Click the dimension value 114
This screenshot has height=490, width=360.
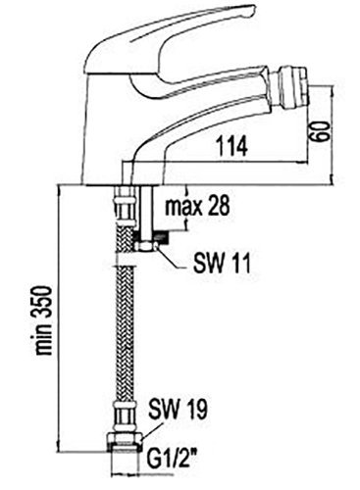coord(232,146)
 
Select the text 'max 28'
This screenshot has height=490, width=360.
coord(197,206)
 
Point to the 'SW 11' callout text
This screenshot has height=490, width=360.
coord(222,264)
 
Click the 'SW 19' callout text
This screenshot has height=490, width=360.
coord(178,409)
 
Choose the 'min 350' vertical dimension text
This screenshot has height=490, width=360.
coord(43,320)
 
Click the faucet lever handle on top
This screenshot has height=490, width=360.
coord(170,46)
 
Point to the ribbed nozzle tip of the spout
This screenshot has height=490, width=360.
coord(290,87)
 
